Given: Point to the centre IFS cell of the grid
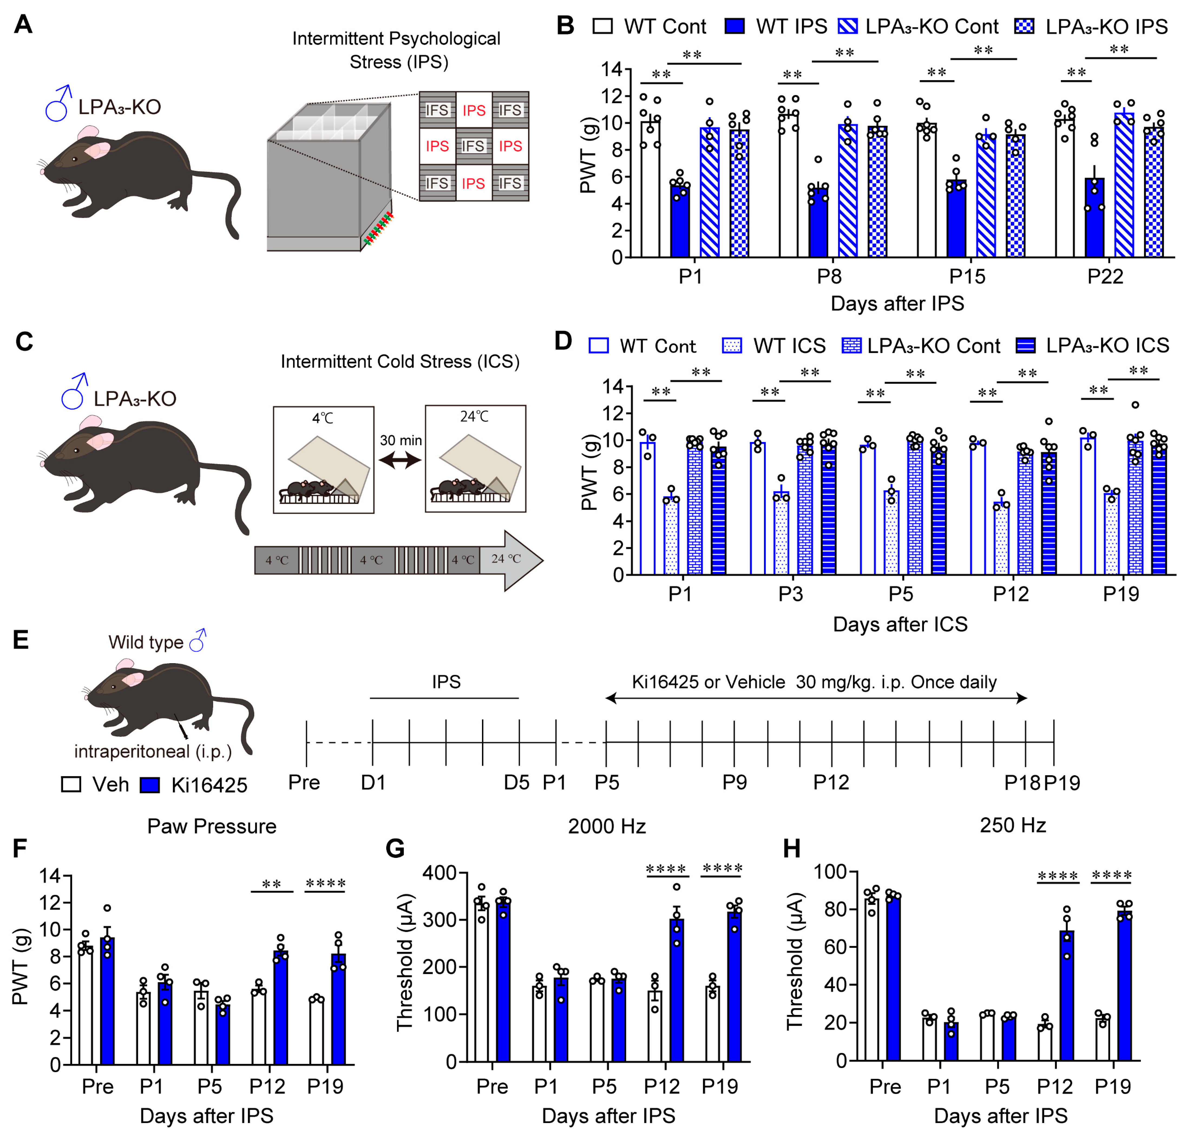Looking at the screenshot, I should click(473, 146).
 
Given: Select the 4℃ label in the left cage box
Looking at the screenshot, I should click(323, 418).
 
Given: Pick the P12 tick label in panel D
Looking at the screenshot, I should click(1010, 594).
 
